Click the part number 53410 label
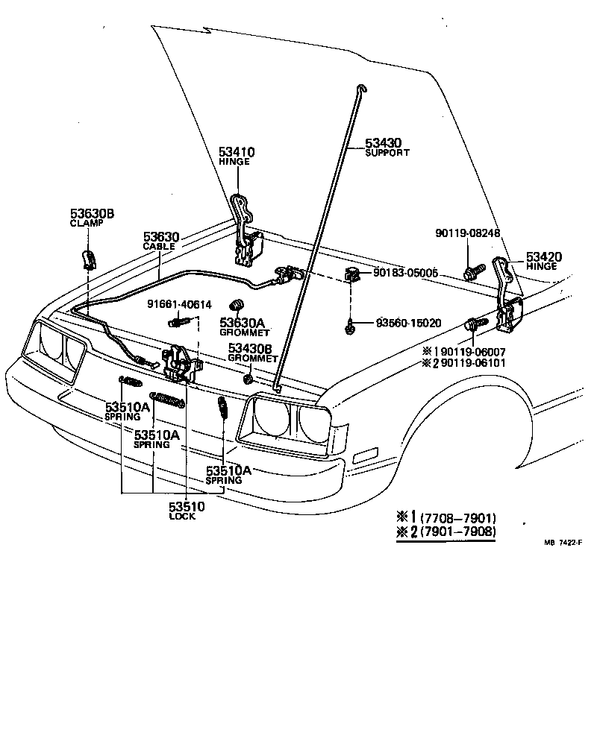[x=237, y=152]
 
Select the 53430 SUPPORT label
[x=387, y=147]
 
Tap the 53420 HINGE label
[x=544, y=261]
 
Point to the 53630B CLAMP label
[x=92, y=218]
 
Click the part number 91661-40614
[x=178, y=304]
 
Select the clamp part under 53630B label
[x=87, y=259]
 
